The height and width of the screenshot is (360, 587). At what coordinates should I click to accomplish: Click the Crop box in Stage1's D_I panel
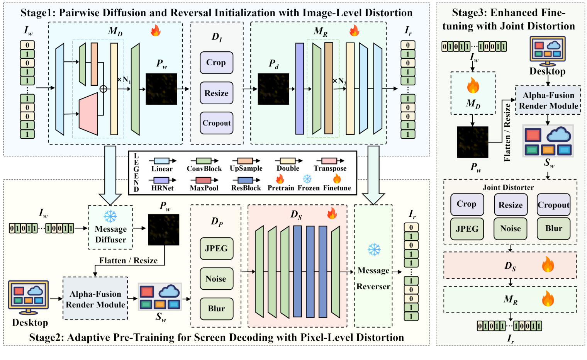[216, 63]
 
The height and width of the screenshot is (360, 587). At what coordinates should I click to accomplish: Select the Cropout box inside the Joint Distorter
[553, 205]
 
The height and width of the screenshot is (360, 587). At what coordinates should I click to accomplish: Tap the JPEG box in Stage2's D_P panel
[216, 248]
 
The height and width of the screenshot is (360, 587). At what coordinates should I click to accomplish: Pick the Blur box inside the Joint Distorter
[553, 229]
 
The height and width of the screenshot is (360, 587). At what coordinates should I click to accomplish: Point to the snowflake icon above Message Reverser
[373, 250]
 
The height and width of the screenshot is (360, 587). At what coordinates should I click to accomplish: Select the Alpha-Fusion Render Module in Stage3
[548, 100]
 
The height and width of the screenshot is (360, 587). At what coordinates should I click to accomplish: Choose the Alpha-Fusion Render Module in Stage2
[95, 299]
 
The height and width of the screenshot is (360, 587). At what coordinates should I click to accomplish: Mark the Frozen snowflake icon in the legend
[307, 179]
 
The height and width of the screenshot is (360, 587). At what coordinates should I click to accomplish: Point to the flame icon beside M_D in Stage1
[156, 31]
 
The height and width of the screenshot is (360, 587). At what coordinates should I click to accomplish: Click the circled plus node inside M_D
[103, 89]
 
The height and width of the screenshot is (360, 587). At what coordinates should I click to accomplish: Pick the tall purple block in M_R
[300, 88]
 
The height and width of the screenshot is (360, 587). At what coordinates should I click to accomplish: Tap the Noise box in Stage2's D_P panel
[216, 278]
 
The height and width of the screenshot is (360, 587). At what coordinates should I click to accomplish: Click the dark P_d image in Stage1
[273, 89]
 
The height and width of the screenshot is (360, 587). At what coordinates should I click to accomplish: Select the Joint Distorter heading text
[508, 187]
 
